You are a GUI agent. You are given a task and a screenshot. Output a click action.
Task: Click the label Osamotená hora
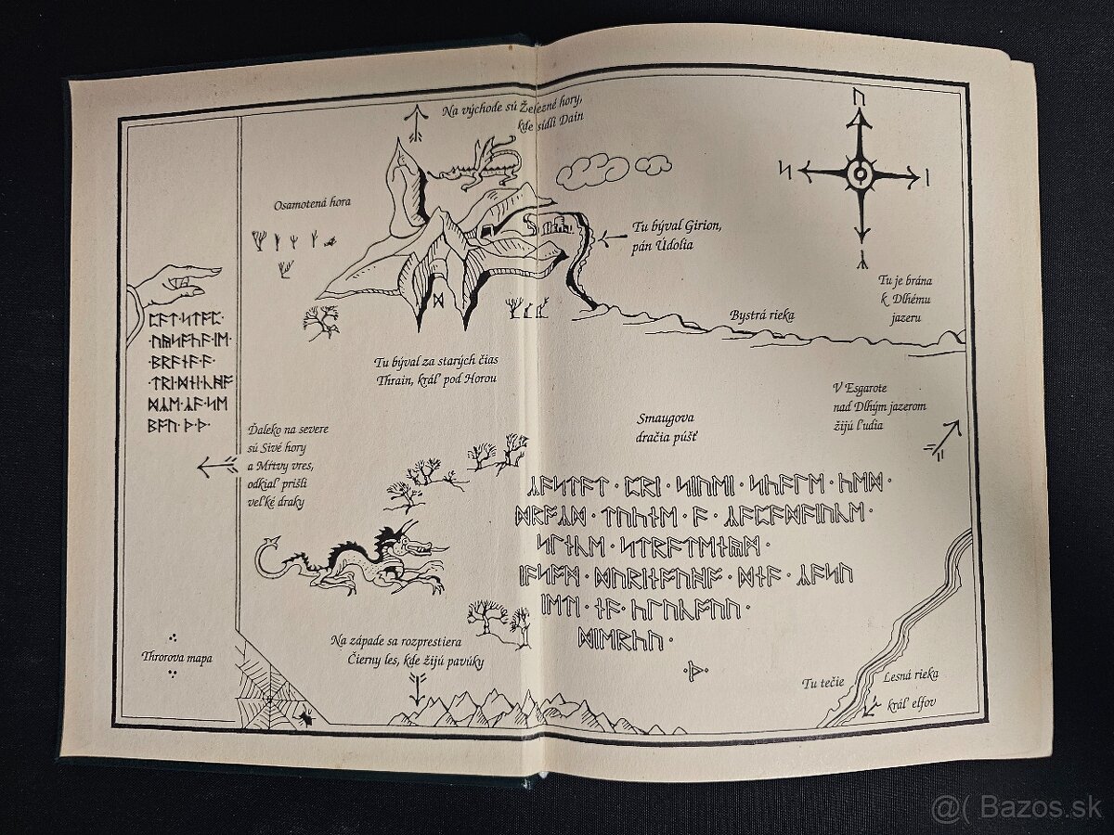click(312, 204)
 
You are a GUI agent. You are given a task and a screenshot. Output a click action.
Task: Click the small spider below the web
click(306, 716)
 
